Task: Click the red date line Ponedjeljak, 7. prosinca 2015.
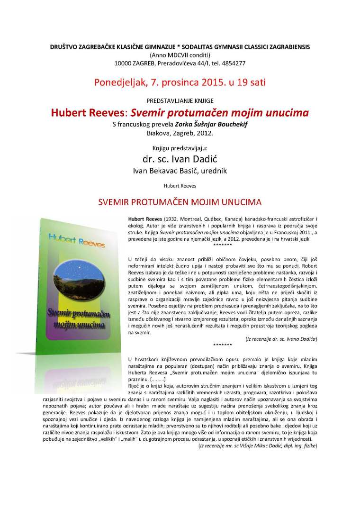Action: click(180, 82)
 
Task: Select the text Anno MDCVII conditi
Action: click(180, 55)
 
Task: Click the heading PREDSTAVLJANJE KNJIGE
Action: click(180, 100)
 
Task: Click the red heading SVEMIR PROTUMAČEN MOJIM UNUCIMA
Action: click(180, 202)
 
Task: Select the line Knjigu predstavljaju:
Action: click(180, 148)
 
